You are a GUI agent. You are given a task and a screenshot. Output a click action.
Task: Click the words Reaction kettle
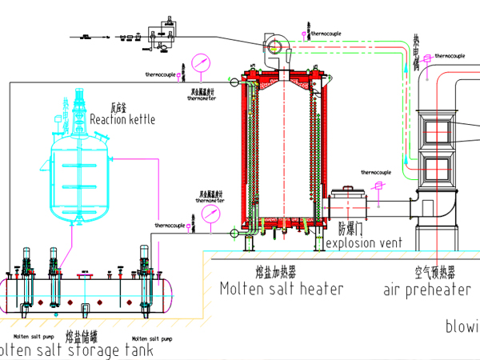122,119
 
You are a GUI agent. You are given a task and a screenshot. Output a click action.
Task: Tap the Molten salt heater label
281,289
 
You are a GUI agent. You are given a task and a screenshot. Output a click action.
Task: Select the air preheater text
426,290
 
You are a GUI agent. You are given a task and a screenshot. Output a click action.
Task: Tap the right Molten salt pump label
152,338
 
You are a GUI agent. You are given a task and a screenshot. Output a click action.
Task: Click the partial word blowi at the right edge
462,326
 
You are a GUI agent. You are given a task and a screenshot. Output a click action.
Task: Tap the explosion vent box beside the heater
346,203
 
